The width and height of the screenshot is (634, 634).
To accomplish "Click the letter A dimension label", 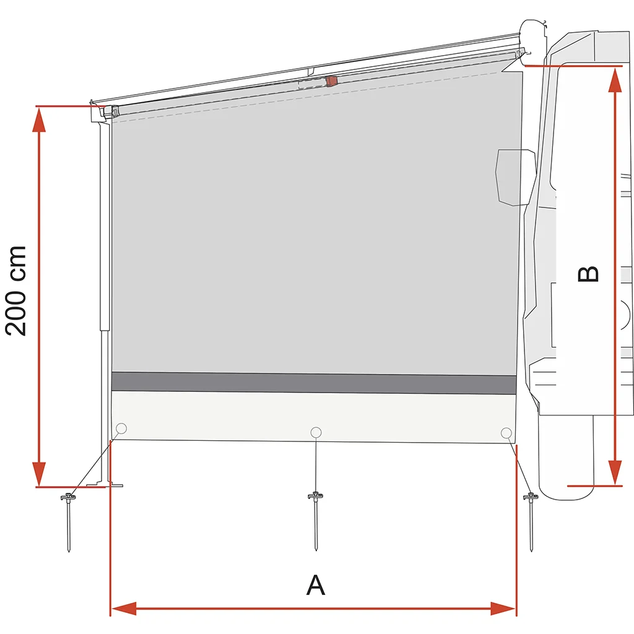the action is (316, 584).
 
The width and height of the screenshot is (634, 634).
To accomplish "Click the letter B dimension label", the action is (588, 274).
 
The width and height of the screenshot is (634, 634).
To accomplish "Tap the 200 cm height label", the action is (16, 291).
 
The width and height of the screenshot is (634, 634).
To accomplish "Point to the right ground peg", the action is (531, 521).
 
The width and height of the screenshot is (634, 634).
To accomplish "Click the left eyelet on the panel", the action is (121, 428).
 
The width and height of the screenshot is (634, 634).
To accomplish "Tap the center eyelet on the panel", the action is (316, 432).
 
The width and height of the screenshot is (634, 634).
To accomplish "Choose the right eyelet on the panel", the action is (506, 433).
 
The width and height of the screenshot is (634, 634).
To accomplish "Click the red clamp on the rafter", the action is (332, 81).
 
